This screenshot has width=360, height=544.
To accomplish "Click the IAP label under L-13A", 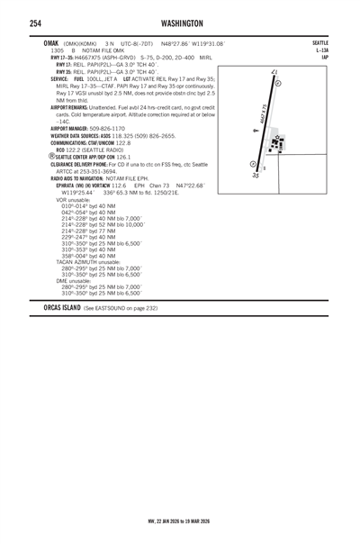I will (x=324, y=59).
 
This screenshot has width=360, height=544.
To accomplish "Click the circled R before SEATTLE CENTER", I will (x=51, y=156).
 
